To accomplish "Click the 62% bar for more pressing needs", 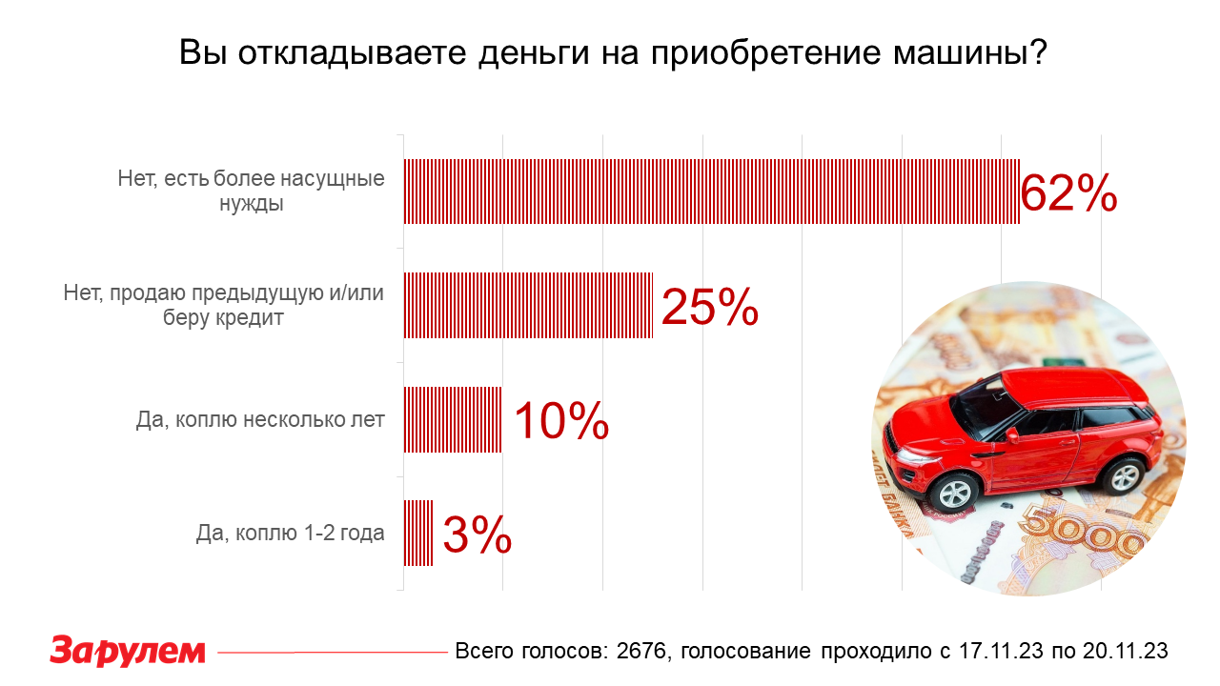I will (x=711, y=192).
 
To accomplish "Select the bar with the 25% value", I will (x=528, y=306).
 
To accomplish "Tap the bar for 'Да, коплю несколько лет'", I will (x=453, y=419).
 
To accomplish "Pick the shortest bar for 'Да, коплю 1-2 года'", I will (x=418, y=534).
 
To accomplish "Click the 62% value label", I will (x=1068, y=193).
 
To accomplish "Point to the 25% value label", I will (x=709, y=307).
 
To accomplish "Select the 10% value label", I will (x=561, y=420).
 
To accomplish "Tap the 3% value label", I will (x=478, y=535).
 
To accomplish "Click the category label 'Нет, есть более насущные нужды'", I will (x=252, y=191).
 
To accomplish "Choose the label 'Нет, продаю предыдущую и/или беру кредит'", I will (x=224, y=305).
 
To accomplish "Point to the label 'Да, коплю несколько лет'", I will (x=260, y=419).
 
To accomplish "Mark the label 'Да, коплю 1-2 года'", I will (x=290, y=534).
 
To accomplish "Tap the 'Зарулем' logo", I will (x=128, y=651).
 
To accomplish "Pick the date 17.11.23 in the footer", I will (x=1007, y=651).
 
